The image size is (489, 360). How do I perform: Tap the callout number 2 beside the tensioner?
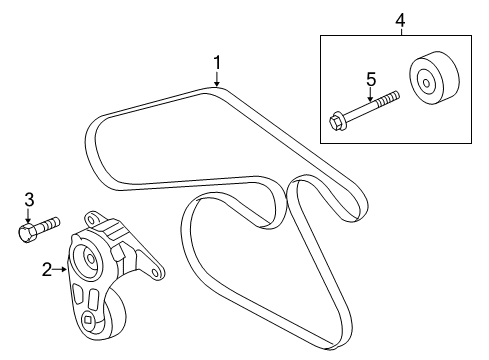pyautogui.click(x=47, y=268)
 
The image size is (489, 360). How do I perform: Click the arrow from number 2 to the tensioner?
pyautogui.click(x=60, y=268)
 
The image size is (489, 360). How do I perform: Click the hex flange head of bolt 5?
pyautogui.click(x=337, y=124)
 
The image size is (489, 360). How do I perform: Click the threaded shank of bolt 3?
pyautogui.click(x=49, y=224)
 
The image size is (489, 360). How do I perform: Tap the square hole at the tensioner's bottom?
pyautogui.click(x=88, y=321)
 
